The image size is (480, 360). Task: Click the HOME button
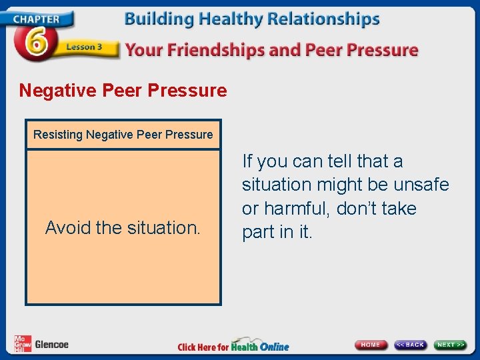(371, 345)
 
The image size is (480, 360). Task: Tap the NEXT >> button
(451, 345)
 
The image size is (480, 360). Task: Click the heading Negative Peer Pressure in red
(123, 90)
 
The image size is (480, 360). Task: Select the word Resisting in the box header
(57, 135)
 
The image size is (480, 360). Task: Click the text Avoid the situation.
(123, 228)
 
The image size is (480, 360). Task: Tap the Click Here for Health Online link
(233, 346)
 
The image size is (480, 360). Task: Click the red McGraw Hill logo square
(23, 343)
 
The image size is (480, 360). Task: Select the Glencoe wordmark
(51, 345)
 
